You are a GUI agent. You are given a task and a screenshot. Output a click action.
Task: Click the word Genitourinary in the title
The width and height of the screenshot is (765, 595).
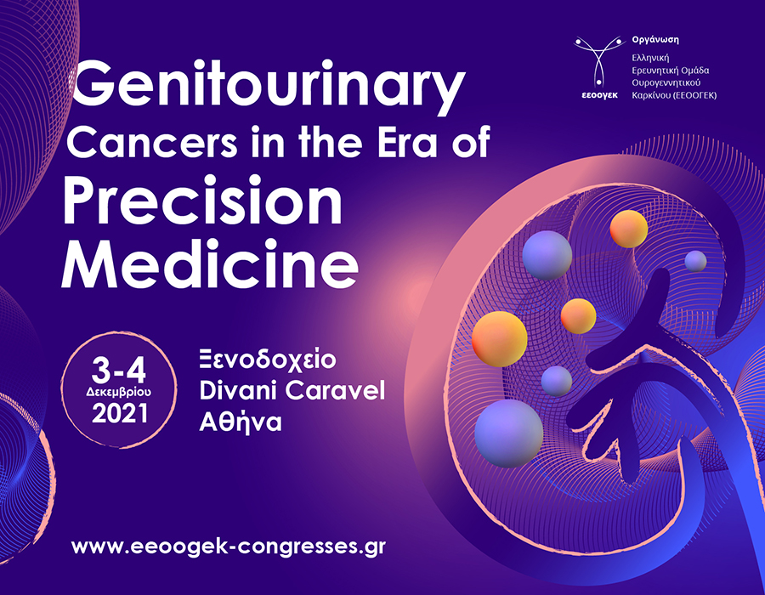(268, 86)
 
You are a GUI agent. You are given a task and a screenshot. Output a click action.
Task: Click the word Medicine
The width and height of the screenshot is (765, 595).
(210, 265)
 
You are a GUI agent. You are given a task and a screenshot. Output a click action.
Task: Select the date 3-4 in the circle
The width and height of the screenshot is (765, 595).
(118, 371)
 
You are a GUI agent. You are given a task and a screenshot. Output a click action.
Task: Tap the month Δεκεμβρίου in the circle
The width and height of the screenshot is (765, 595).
(118, 392)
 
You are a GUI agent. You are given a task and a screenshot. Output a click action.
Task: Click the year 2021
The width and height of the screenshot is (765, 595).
(120, 413)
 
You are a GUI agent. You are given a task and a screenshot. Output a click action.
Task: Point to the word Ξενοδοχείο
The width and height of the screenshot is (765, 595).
(268, 360)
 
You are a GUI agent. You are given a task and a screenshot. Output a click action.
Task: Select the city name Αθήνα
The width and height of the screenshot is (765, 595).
(241, 422)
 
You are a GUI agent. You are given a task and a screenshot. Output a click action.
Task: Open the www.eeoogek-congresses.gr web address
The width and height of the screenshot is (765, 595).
(229, 547)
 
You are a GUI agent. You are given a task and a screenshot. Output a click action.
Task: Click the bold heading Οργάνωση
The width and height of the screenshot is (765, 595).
(655, 40)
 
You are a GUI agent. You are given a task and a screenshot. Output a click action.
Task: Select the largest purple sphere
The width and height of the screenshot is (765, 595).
(509, 433)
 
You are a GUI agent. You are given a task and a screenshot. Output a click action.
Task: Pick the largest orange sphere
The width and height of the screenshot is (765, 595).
(500, 338)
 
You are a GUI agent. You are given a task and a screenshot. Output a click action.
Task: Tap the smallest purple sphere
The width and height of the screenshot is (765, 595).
(695, 261)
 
